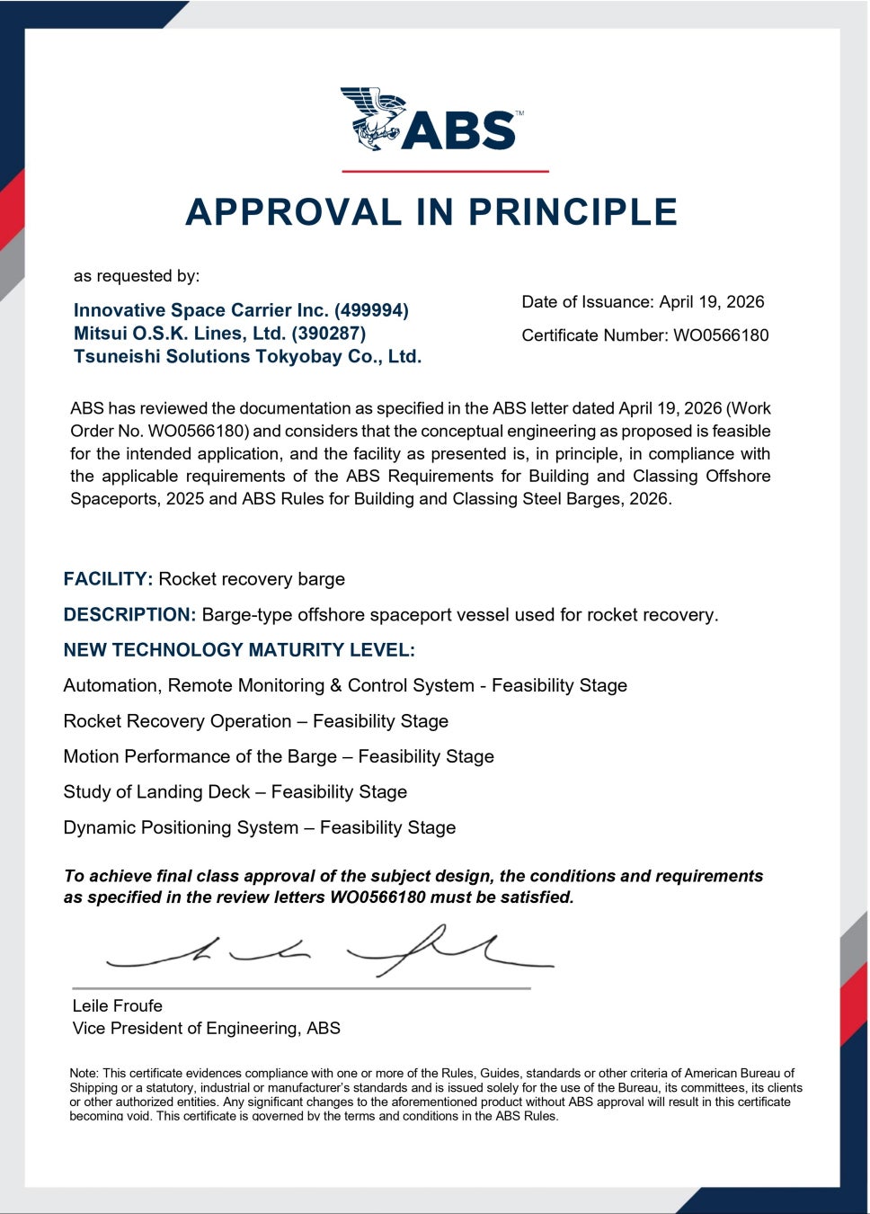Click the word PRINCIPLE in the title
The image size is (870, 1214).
pos(573,212)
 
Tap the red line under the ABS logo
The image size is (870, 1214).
pos(445,171)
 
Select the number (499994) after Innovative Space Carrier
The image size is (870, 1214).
pos(371,310)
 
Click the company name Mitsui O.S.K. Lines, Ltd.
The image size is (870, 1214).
pos(219,334)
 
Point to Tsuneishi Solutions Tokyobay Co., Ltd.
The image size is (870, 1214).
pos(247,357)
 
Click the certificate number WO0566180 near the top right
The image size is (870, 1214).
pos(721,335)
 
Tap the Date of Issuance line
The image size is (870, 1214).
pos(643,302)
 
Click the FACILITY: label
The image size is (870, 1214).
pos(108,579)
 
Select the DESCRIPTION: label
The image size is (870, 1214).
pos(129,615)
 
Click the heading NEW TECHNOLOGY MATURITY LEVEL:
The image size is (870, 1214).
pos(239,650)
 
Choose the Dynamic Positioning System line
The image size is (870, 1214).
pos(259,827)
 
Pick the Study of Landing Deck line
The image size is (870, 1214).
pos(235,792)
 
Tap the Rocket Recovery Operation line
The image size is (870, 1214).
pos(255,721)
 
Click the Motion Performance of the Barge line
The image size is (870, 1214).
pos(279,756)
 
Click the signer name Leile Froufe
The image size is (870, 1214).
pos(117,1005)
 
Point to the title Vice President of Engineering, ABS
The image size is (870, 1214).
pos(206,1028)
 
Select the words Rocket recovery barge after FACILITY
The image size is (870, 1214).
pos(252,579)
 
